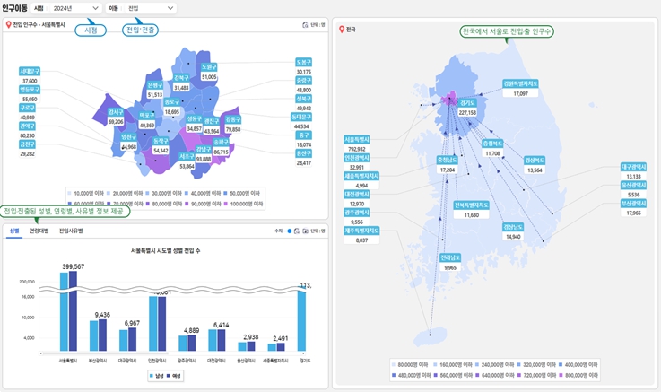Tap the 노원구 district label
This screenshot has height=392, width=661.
(x=208, y=67)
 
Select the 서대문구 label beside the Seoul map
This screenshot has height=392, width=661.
(x=30, y=70)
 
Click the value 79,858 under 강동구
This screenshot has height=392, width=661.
(x=232, y=129)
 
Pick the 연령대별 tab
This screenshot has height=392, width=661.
(x=39, y=231)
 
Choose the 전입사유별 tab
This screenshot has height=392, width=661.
(x=71, y=231)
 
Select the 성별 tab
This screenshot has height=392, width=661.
(x=13, y=231)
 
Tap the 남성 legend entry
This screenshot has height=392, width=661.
(x=159, y=376)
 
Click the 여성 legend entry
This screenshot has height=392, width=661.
(x=177, y=376)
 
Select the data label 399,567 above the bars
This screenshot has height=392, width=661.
(x=74, y=266)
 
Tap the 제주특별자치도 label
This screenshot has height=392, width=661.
(x=361, y=231)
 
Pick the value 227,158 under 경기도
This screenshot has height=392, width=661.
(x=466, y=113)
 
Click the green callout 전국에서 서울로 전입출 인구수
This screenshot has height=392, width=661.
(x=506, y=31)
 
